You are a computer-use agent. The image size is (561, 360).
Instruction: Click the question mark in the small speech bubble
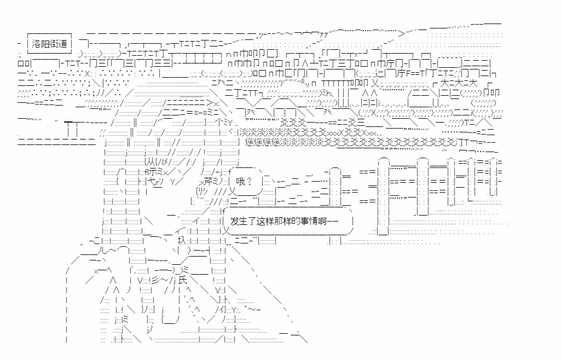point(249,181)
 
